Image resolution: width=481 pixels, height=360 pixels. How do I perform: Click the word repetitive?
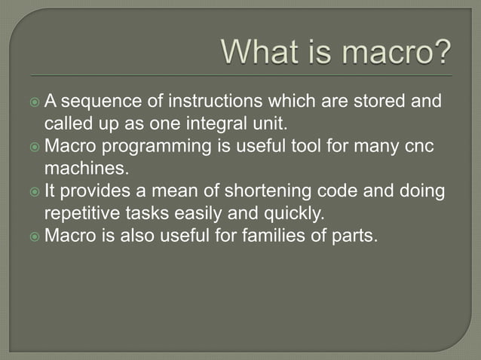point(80,211)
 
